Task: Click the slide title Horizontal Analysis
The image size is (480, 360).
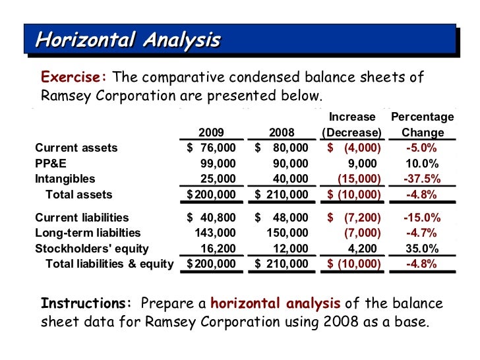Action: coord(127,40)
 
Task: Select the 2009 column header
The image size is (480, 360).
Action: coord(211,132)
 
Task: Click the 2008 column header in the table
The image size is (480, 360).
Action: coord(282,132)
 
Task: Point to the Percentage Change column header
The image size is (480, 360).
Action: coord(423,125)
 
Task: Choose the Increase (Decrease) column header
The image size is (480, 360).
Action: coord(351,125)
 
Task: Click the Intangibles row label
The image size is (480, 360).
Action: coord(65,179)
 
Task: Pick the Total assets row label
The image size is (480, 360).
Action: coord(78,195)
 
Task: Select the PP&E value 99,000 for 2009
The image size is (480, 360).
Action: coord(218,164)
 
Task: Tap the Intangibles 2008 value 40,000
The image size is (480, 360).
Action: coord(290,179)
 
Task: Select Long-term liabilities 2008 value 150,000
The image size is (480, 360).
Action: coord(287,233)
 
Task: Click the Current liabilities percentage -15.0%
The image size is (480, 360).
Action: coord(423,218)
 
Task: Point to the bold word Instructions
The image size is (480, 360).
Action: coord(86,304)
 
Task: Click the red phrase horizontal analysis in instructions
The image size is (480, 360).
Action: coord(276,304)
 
